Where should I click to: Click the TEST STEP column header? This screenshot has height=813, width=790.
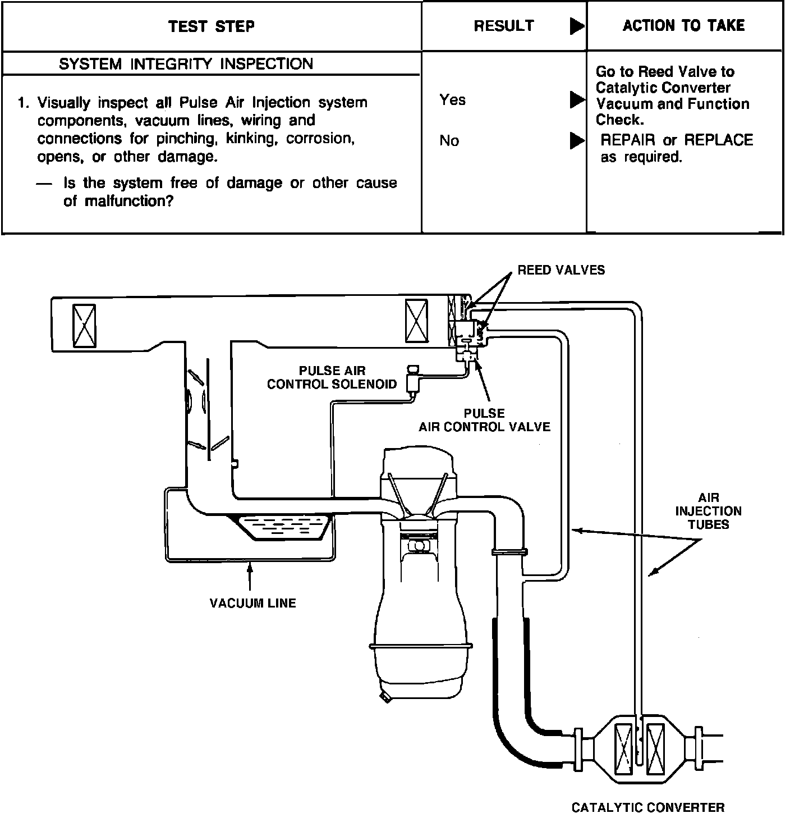point(212,26)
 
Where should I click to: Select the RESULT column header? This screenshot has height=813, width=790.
point(503,26)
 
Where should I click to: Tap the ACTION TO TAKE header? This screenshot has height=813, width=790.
point(683,25)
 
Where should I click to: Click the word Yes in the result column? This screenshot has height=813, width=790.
point(452,100)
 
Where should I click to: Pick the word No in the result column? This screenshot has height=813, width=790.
point(449,140)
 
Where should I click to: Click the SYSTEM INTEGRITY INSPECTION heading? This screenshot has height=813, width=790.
point(186,64)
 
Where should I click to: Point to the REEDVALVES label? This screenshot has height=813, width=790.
point(561,270)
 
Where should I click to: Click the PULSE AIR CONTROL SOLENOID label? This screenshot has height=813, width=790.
point(332,377)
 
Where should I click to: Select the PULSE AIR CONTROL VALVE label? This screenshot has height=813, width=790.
point(484,420)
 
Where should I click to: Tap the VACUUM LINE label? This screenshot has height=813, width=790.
point(252,603)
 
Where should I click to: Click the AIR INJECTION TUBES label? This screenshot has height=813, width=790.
point(708,511)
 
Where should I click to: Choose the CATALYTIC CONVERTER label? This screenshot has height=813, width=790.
point(647,807)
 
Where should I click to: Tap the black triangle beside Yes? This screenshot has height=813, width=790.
point(576,100)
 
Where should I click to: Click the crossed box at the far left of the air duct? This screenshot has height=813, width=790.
point(84,325)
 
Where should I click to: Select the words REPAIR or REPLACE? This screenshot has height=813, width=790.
point(676,140)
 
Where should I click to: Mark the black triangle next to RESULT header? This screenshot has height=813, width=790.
point(576,26)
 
